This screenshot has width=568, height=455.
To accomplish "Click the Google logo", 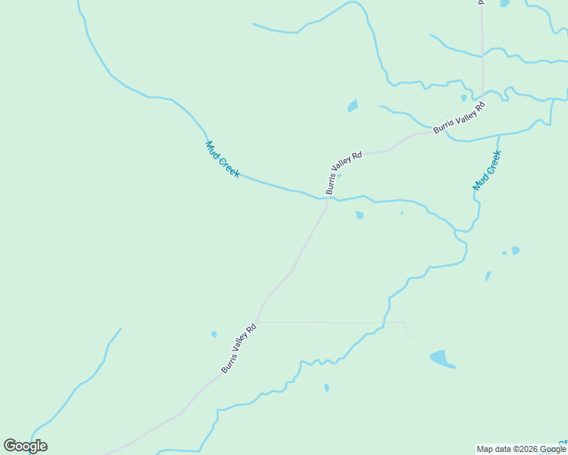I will pyautogui.click(x=25, y=446).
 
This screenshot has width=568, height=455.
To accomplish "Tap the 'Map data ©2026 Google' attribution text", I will pyautogui.click(x=521, y=449).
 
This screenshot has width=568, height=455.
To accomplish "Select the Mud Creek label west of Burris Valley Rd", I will pyautogui.click(x=222, y=159).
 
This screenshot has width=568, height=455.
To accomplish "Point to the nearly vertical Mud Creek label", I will pyautogui.click(x=487, y=170).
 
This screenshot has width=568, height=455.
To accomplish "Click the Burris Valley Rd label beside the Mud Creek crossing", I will pyautogui.click(x=344, y=173).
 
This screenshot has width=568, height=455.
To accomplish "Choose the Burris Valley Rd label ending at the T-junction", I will pyautogui.click(x=459, y=118).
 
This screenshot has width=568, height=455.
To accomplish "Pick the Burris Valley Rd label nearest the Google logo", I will pyautogui.click(x=240, y=348).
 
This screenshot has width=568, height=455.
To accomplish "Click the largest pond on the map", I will pyautogui.click(x=442, y=358).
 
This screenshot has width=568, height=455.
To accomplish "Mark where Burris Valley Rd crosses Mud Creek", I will pyautogui.click(x=327, y=199).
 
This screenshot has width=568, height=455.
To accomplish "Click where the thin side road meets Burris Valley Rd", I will pyautogui.click(x=259, y=322).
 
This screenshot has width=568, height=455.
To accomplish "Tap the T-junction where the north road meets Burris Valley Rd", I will pyautogui.click(x=483, y=102).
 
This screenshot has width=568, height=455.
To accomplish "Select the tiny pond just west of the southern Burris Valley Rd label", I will pyautogui.click(x=214, y=334).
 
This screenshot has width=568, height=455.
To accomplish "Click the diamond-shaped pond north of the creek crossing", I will pyautogui.click(x=352, y=105).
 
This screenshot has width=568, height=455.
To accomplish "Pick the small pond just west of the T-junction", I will pyautogui.click(x=463, y=98).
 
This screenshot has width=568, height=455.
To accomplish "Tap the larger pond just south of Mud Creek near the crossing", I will pyautogui.click(x=359, y=215).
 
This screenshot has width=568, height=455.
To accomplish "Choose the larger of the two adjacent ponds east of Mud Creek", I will pyautogui.click(x=516, y=250).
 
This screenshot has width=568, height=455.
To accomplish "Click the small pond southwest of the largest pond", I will pyautogui.click(x=327, y=388).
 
